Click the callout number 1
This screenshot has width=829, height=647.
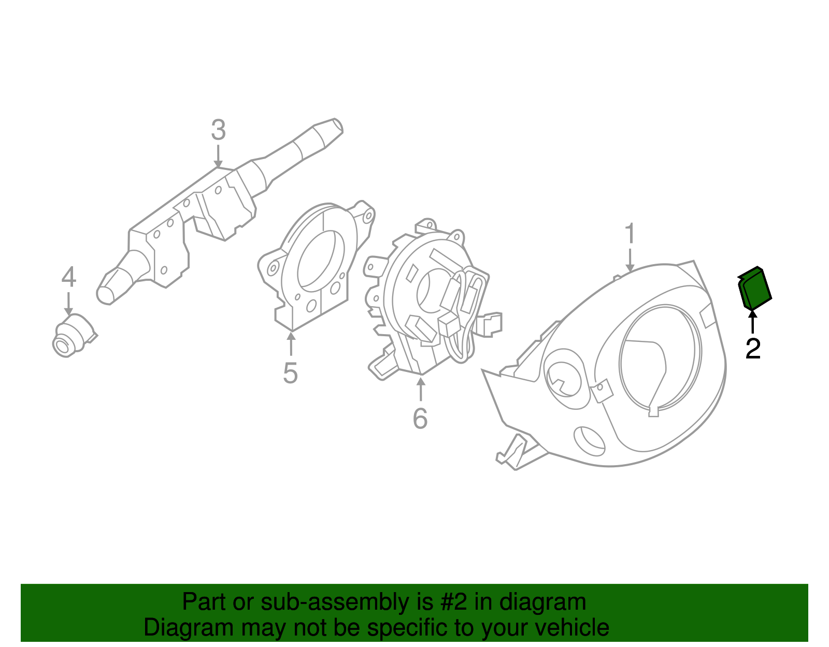click(630, 234)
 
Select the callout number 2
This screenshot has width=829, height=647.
click(752, 349)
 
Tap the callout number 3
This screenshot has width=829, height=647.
click(218, 131)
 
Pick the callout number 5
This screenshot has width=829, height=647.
click(290, 372)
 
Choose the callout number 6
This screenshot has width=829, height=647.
click(420, 418)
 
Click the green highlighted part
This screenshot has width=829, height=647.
click(754, 289)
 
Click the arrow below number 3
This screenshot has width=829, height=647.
click(218, 156)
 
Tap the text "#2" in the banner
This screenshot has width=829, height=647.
click(453, 602)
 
